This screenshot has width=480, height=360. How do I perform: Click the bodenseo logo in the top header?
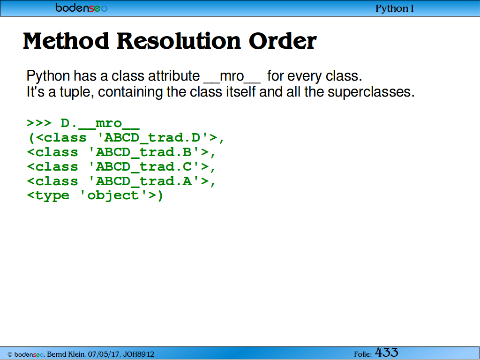click(82, 7)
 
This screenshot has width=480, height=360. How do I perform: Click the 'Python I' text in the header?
click(395, 8)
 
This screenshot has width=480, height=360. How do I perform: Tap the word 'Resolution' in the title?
click(179, 41)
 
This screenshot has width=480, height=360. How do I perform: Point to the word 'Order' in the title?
click(283, 41)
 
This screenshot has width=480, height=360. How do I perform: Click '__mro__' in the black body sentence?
click(232, 76)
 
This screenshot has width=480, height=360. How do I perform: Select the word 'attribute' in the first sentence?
click(174, 75)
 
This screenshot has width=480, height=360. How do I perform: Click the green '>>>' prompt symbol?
click(39, 123)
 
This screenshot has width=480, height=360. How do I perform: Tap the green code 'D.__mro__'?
click(100, 124)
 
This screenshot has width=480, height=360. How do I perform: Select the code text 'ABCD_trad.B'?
click(144, 152)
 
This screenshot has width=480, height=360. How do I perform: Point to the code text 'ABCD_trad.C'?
click(144, 167)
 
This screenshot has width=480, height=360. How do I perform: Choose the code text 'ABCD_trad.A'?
click(144, 181)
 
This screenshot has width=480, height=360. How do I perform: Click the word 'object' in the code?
click(113, 196)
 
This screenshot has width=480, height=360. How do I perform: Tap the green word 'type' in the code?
click(52, 196)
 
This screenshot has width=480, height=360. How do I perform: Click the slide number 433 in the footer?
click(386, 352)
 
